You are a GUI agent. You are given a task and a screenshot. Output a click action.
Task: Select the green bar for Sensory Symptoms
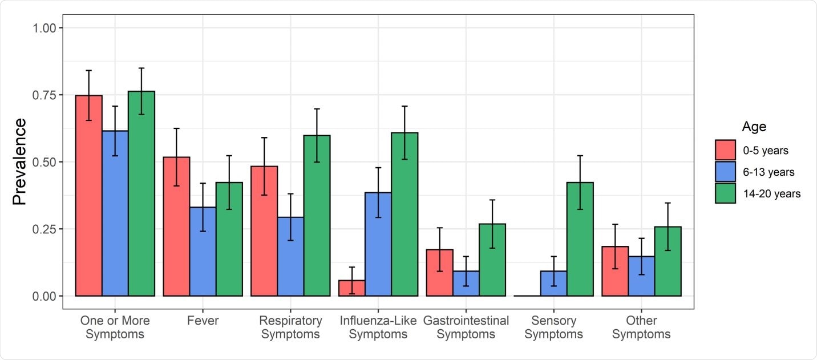[580, 240]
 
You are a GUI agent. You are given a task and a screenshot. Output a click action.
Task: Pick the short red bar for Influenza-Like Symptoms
[351, 288]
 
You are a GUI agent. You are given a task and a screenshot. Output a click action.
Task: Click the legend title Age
[754, 126]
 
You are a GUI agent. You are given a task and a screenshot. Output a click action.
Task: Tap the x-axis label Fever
[203, 321]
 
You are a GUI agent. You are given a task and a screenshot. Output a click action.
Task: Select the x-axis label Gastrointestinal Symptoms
[466, 327]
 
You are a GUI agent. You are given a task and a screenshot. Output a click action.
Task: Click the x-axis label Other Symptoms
[641, 327]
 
